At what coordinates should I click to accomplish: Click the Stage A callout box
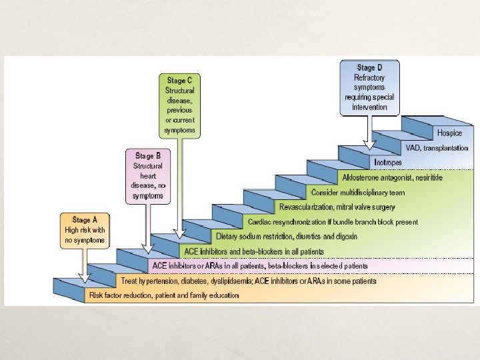tap(85, 230)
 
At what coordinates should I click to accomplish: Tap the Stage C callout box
tap(180, 105)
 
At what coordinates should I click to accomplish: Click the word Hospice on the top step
tap(449, 133)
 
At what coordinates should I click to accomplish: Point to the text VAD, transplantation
tap(437, 148)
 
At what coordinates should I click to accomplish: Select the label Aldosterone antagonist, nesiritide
tap(392, 177)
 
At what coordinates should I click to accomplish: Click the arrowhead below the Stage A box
tap(85, 280)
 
